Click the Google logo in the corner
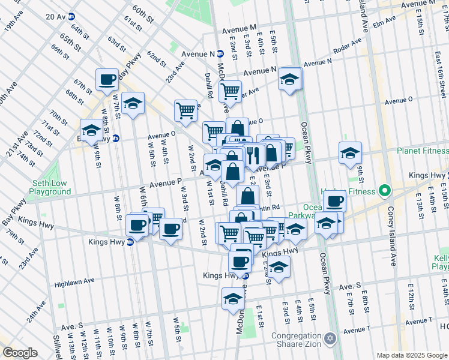(x=19, y=352)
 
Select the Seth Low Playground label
(x=51, y=187)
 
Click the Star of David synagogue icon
(x=329, y=340)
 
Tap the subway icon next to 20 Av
(x=71, y=16)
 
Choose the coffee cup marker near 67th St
(x=108, y=79)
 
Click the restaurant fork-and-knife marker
(x=253, y=155)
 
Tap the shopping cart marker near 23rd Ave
(x=186, y=110)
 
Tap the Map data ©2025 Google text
(x=411, y=355)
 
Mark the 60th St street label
(x=143, y=13)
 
